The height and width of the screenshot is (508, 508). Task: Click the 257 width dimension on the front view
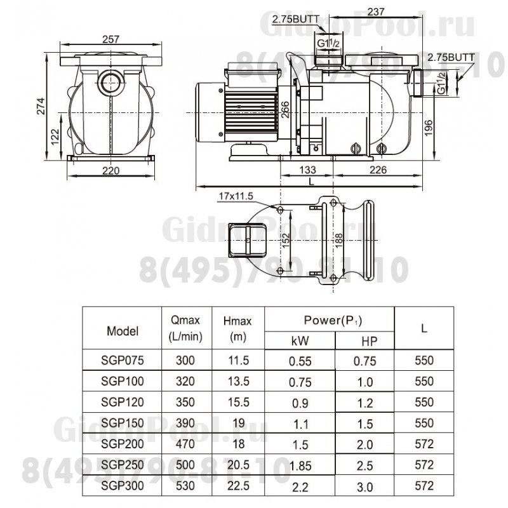tap(112, 39)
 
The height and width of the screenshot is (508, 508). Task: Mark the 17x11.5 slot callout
tap(232, 195)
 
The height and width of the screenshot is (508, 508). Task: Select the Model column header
tap(123, 330)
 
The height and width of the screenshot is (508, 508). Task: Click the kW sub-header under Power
tap(300, 341)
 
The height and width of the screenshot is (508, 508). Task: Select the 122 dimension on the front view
tap(55, 135)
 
